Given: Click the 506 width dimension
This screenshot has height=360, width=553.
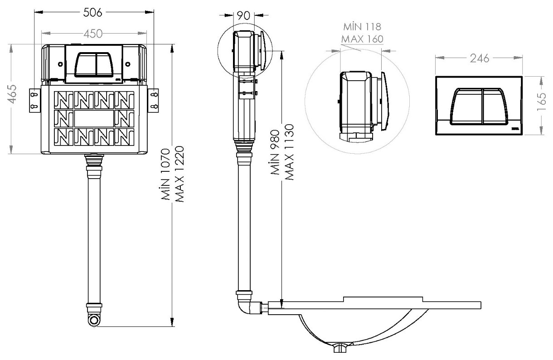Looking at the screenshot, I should click(x=92, y=12).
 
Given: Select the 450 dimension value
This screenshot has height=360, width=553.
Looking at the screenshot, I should click(x=93, y=33).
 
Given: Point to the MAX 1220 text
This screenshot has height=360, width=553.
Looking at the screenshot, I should click(x=179, y=174).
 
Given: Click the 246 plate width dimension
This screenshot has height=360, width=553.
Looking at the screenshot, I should click(x=480, y=58).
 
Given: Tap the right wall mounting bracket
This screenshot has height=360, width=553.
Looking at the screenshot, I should click(x=154, y=100).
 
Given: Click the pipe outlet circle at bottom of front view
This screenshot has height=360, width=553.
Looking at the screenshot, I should click(x=93, y=320).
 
